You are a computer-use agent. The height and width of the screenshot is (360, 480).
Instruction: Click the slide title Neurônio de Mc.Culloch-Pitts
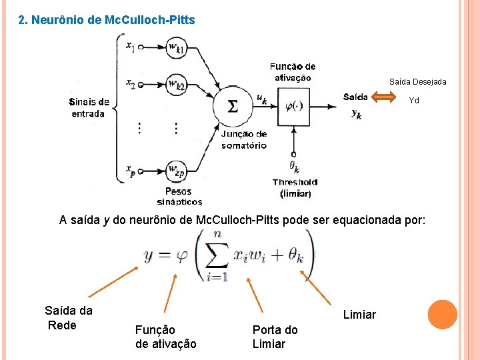(x=107, y=20)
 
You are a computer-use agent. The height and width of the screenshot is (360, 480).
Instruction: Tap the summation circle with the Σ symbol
(x=232, y=107)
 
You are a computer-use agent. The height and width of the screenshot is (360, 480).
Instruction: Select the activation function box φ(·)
(x=293, y=105)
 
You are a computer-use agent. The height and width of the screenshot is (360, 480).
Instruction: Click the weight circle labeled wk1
(x=176, y=47)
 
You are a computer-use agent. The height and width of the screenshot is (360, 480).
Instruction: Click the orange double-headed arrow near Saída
(x=383, y=97)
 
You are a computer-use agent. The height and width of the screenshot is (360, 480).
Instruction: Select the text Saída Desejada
(x=417, y=82)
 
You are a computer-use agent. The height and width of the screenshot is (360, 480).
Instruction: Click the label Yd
(x=414, y=101)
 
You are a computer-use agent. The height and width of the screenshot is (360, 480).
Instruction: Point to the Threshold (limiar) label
(x=295, y=187)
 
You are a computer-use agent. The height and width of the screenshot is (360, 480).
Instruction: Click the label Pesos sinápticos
(x=179, y=196)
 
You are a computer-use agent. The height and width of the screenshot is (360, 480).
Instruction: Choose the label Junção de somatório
(x=244, y=139)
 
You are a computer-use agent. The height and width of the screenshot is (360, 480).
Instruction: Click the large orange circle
(x=443, y=315)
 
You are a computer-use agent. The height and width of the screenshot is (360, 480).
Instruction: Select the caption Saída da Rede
(x=68, y=317)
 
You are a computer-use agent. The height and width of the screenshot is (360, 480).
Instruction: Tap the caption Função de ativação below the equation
(x=165, y=337)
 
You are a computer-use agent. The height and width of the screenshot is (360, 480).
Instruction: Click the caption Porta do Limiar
(x=275, y=337)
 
